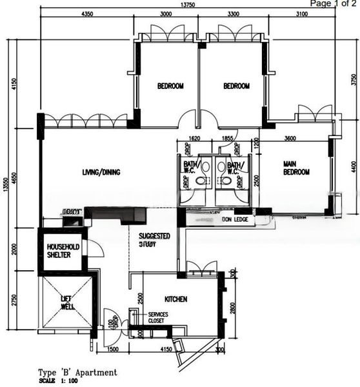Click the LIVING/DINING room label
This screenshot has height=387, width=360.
[101, 172]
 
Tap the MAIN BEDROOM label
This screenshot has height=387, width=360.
[296, 168]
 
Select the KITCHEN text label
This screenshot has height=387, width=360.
[175, 299]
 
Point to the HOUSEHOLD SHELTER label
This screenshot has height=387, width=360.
[63, 251]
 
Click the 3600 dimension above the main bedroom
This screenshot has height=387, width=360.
[290, 138]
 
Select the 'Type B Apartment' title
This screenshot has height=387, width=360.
[77, 372]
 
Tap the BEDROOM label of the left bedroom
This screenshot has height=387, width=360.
[170, 86]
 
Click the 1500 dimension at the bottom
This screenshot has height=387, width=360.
[114, 350]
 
